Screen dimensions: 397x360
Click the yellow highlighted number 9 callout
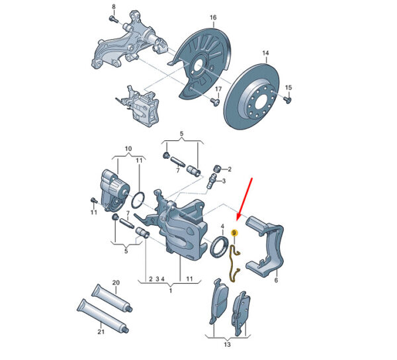pyautogui.click(x=234, y=233)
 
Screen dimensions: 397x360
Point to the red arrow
pyautogui.click(x=244, y=199)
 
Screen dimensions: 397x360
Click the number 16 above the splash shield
pyautogui.click(x=213, y=17)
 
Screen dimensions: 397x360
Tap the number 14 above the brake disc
pyautogui.click(x=265, y=53)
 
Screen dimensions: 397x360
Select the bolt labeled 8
pyautogui.click(x=113, y=19)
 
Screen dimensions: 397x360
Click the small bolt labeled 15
pyautogui.click(x=287, y=99)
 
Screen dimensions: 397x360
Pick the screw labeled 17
pyautogui.click(x=215, y=102)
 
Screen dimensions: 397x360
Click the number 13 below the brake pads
pyautogui.click(x=227, y=344)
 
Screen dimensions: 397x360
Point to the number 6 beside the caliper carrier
pyautogui.click(x=276, y=280)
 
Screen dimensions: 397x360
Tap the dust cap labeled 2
pyautogui.click(x=217, y=168)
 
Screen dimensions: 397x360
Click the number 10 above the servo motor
pyautogui.click(x=128, y=149)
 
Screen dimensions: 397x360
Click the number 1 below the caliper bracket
pyautogui.click(x=171, y=291)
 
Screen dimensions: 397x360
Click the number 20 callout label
pyautogui.click(x=116, y=283)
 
